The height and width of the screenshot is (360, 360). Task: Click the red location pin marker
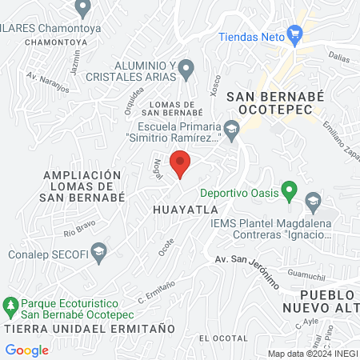(181, 162)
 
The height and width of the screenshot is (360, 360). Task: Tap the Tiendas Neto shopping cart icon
(295, 34)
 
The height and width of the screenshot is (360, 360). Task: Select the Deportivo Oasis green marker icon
(290, 193)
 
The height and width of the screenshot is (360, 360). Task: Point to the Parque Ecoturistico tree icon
(10, 304)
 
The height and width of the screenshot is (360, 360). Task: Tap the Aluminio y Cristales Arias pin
(186, 70)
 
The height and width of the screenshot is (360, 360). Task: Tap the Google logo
(26, 350)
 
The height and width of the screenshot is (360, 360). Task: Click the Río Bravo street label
(80, 233)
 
